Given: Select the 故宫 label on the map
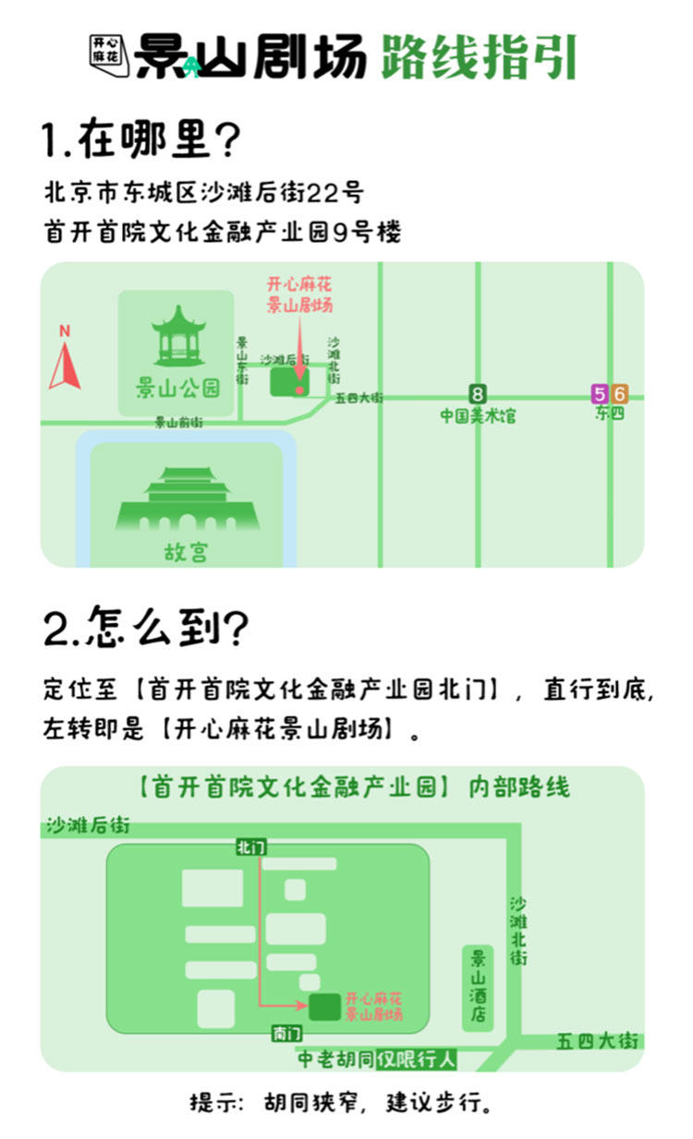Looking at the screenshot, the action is (x=186, y=552).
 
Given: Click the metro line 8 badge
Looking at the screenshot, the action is (x=477, y=394).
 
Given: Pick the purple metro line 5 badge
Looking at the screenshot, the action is (x=600, y=394).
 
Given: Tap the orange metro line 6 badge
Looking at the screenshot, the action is (x=619, y=394).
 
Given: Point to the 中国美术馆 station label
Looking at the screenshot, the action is (x=477, y=415).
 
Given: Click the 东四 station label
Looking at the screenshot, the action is (x=610, y=414).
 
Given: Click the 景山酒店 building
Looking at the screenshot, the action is (x=479, y=988).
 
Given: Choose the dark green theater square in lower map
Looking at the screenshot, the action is (x=324, y=1007).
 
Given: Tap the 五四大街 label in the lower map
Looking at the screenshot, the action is (x=597, y=1041).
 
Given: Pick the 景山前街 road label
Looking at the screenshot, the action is (x=178, y=423).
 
